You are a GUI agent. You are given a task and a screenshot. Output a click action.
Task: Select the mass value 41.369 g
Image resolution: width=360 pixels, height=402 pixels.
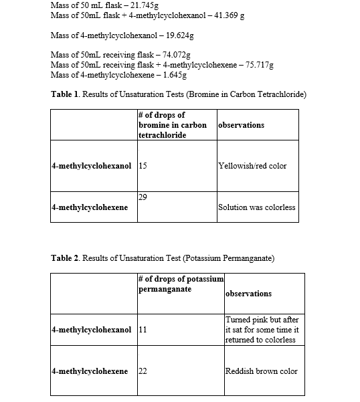pyautogui.click(x=229, y=15)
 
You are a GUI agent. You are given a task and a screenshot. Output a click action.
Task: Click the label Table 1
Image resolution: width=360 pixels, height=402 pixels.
pyautogui.click(x=66, y=94)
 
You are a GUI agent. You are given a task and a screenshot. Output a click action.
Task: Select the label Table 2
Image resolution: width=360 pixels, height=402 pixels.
pyautogui.click(x=66, y=258)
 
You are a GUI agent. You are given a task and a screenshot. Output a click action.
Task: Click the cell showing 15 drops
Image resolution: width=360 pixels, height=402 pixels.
pyautogui.click(x=143, y=166)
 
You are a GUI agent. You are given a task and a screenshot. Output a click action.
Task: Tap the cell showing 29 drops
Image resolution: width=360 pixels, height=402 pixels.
pyautogui.click(x=143, y=197)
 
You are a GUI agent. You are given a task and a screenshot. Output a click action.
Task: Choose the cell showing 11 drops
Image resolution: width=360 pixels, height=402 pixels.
pyautogui.click(x=143, y=330)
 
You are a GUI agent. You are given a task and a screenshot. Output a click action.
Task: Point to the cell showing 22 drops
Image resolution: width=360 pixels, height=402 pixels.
pyautogui.click(x=143, y=371)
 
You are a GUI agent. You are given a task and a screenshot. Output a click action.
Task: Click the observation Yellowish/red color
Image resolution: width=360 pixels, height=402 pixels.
pyautogui.click(x=252, y=166)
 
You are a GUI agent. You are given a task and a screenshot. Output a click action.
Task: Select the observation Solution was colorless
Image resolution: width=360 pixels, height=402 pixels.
pyautogui.click(x=256, y=207)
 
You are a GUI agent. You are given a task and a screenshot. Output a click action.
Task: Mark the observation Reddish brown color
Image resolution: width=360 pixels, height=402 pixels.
pyautogui.click(x=262, y=371)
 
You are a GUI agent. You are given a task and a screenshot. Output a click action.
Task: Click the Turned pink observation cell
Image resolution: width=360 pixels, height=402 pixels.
pyautogui.click(x=262, y=330)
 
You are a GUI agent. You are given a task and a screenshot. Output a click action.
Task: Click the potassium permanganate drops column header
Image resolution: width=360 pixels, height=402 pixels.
pyautogui.click(x=181, y=284)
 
